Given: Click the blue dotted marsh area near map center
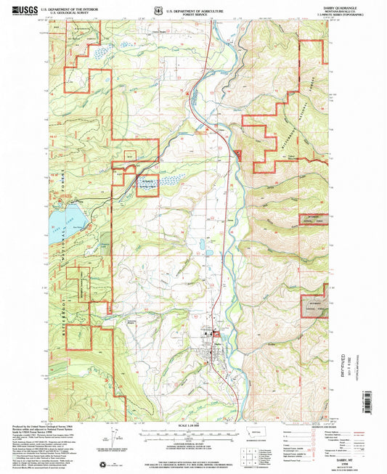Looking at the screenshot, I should [x=168, y=182].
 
